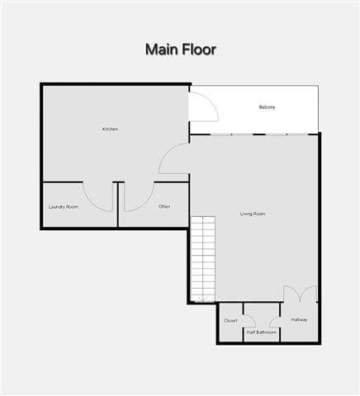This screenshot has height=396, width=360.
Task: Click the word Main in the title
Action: [x=162, y=49]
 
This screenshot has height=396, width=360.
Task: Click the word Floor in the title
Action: [x=199, y=49]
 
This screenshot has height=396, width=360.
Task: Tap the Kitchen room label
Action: [x=110, y=129]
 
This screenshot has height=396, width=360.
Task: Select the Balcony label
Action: [x=267, y=107]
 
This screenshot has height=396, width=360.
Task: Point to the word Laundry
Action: [x=57, y=206]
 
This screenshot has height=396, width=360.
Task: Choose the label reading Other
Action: [x=164, y=206]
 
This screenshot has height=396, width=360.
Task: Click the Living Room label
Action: [x=253, y=214]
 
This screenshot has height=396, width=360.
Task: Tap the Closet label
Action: [x=231, y=320]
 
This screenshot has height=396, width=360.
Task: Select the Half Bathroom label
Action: [x=261, y=332]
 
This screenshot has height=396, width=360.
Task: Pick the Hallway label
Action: [x=299, y=320]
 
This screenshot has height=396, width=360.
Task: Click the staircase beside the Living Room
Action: [x=203, y=258]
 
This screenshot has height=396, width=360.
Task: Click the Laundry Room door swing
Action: [x=98, y=196]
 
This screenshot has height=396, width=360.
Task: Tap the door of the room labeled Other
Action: [x=137, y=196]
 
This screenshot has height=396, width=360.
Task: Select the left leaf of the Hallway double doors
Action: [x=291, y=294]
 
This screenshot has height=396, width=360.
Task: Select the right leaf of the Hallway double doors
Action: [x=309, y=294]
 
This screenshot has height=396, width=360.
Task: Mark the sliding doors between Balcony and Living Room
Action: [x=253, y=134]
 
